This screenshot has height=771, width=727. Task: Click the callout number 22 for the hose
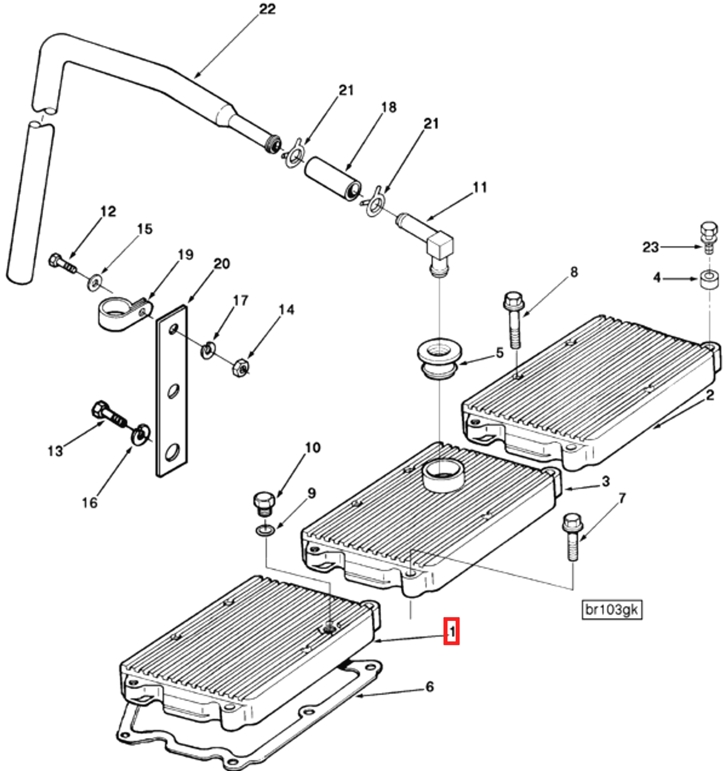[x=267, y=9]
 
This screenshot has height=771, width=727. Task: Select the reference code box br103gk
[x=611, y=610]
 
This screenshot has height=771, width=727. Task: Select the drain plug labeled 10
[x=264, y=503]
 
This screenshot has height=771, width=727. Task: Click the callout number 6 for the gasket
[x=429, y=686]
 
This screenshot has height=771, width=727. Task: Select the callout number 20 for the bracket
[x=221, y=264]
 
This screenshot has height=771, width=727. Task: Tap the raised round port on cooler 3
[x=443, y=474]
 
